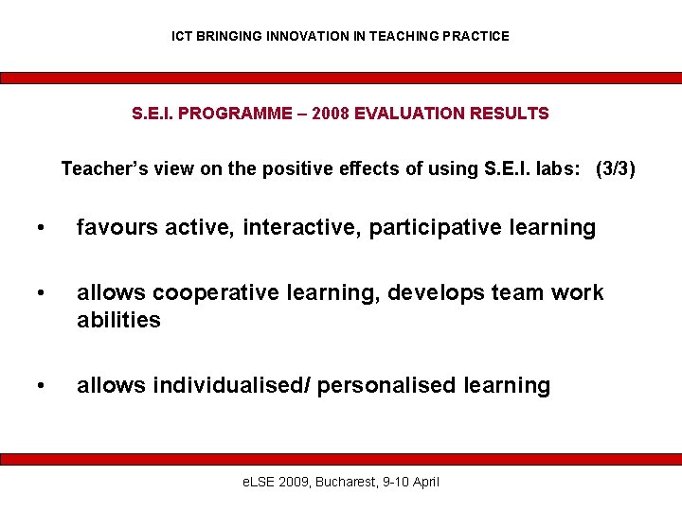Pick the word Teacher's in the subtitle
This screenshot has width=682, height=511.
point(100,169)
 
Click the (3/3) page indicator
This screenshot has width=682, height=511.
point(615,169)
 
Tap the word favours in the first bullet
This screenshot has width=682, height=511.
point(116,228)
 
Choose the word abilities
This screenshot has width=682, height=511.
point(118,320)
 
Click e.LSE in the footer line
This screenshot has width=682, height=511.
point(260,482)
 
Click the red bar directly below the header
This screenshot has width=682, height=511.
point(341,79)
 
